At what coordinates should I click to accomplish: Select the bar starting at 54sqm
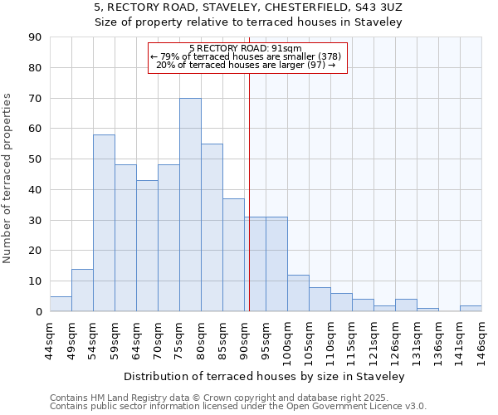click(x=104, y=223)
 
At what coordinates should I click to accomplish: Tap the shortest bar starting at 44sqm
click(x=61, y=304)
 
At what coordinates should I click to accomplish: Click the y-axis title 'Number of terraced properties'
click(x=8, y=178)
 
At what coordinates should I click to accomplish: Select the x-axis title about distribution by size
click(x=269, y=377)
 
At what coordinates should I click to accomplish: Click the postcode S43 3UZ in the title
click(x=377, y=7)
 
